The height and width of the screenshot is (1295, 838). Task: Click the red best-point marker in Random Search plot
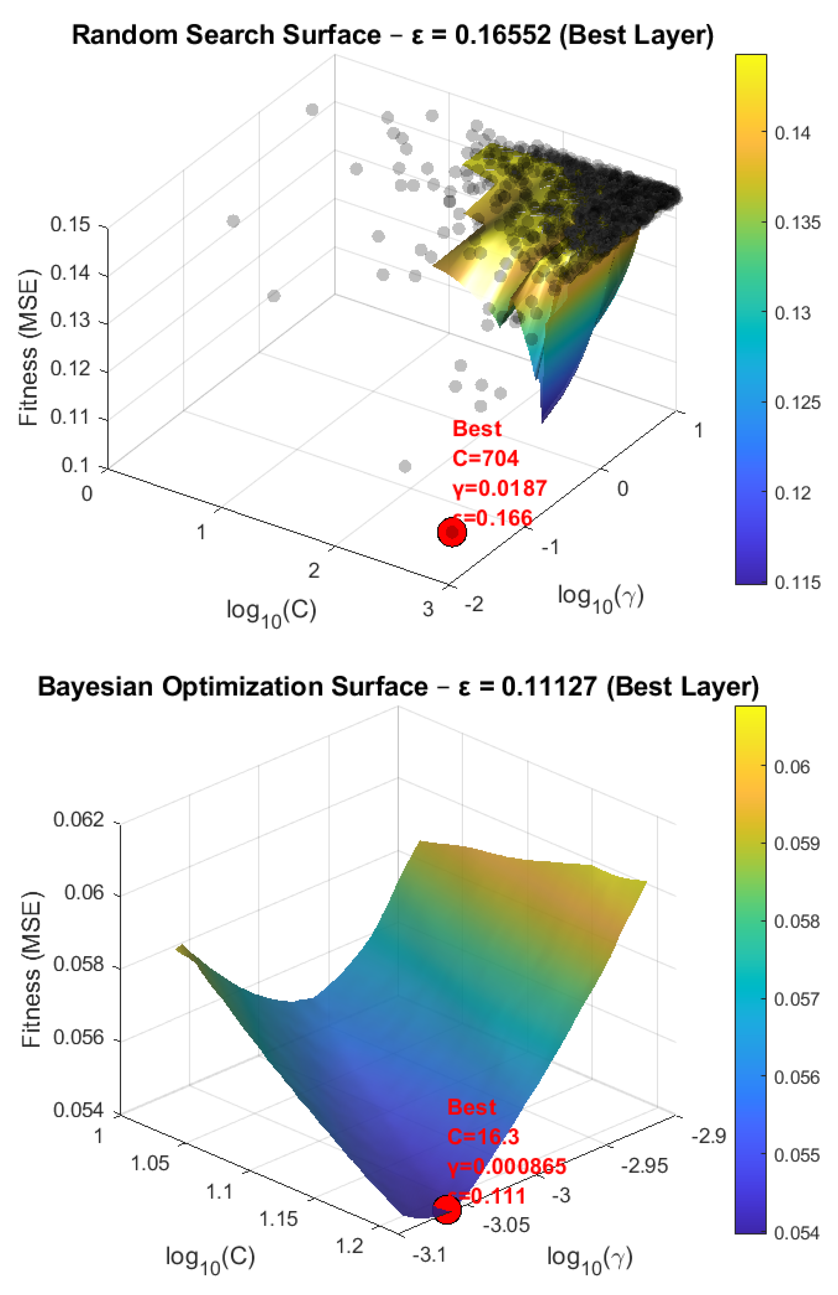click(x=451, y=532)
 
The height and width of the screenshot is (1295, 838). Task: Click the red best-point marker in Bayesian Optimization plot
click(x=446, y=1210)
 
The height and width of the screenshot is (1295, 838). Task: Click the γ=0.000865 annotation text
click(x=506, y=1166)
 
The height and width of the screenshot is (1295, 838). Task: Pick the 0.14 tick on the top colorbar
click(x=792, y=133)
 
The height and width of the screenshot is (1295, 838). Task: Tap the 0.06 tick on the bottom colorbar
click(x=791, y=767)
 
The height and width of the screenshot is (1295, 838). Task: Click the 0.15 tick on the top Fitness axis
click(x=70, y=224)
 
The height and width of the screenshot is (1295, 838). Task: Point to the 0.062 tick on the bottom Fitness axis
click(x=78, y=819)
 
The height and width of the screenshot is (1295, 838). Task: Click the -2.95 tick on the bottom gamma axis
click(x=644, y=1166)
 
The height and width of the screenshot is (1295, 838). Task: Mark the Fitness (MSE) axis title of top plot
click(x=28, y=348)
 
